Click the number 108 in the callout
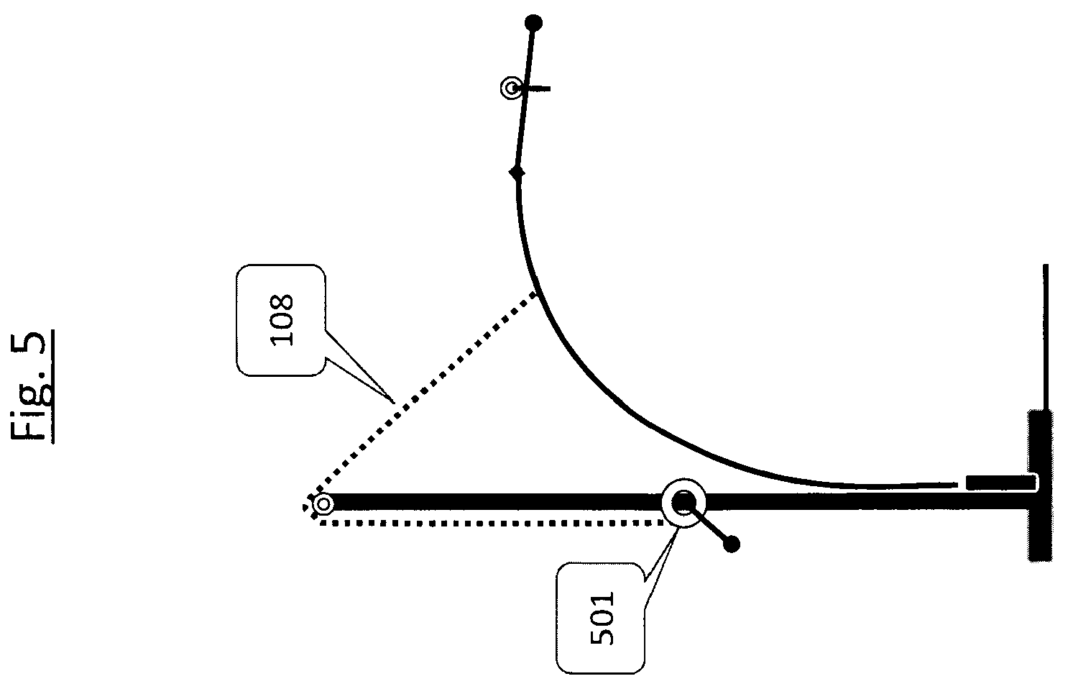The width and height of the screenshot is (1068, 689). click(282, 320)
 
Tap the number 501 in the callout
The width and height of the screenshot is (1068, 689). click(602, 619)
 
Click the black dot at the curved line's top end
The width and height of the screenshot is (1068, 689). click(533, 23)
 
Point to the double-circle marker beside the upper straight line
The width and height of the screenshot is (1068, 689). click(511, 88)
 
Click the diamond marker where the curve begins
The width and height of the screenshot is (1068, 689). click(517, 173)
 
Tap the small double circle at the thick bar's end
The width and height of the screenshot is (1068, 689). click(323, 504)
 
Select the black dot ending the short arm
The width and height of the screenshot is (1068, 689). click(732, 544)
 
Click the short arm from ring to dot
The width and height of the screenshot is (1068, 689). click(708, 523)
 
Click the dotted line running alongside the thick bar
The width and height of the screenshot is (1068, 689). click(491, 524)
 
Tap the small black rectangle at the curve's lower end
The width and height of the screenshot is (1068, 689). click(1001, 483)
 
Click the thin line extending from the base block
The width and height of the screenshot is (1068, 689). click(1045, 337)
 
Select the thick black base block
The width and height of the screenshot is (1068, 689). click(1039, 485)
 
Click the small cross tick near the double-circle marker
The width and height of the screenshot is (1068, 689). click(536, 88)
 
